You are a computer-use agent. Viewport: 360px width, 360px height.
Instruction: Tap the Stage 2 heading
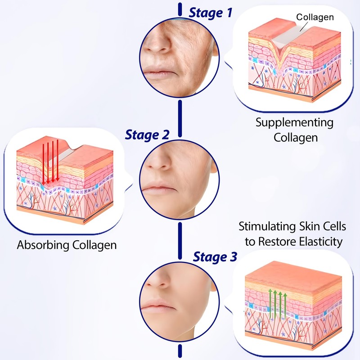pos(147,134)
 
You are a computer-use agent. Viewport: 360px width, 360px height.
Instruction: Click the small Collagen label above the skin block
pos(315,17)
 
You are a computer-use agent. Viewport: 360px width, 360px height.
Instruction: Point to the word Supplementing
pos(295,122)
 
